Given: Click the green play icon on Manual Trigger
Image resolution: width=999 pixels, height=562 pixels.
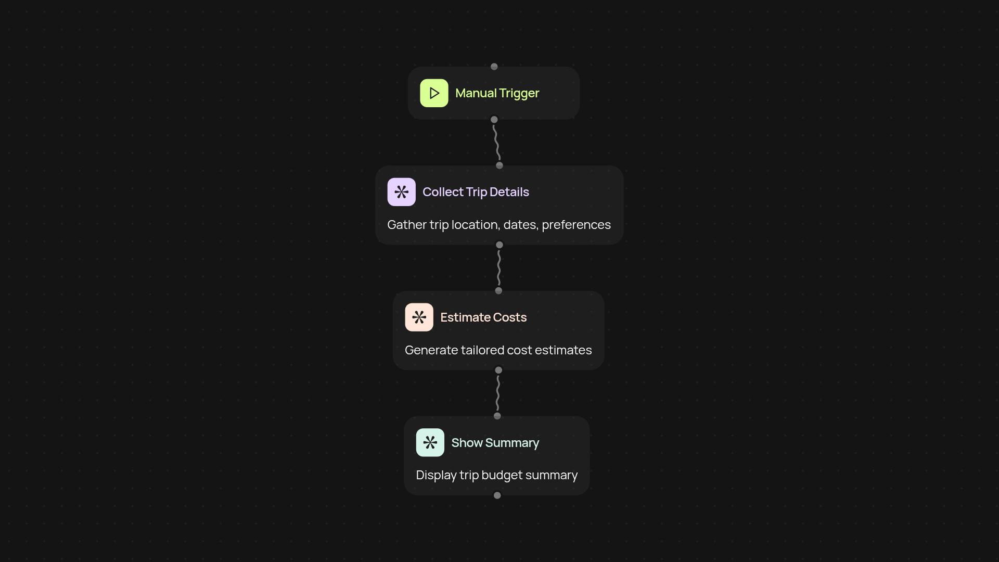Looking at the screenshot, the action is tap(434, 93).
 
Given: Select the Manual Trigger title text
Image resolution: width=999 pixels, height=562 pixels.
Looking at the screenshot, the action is tap(497, 93).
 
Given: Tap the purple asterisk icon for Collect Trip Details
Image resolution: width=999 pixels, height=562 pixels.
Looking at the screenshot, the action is tap(401, 192).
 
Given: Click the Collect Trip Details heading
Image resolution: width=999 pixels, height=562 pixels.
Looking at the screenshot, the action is tap(476, 192).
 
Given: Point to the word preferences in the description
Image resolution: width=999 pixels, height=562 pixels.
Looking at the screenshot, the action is tap(576, 225).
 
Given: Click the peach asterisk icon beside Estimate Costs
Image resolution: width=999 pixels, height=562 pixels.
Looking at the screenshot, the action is tap(419, 317).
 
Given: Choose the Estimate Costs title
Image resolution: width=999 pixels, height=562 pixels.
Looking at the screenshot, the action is tap(483, 317).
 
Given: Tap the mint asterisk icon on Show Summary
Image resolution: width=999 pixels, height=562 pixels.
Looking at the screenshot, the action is tap(430, 442).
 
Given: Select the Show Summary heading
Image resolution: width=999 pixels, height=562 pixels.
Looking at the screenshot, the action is tap(495, 443).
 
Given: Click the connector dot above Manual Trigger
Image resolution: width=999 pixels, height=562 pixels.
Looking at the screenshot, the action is tap(494, 67).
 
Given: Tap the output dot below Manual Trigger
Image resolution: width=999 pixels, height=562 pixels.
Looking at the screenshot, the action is tap(494, 120).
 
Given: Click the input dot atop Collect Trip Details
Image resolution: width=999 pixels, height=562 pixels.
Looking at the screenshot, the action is tap(499, 165).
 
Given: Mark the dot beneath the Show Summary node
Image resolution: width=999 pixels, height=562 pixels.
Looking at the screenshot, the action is tap(497, 495).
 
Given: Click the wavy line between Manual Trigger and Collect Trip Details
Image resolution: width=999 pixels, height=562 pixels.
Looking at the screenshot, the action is tap(497, 143).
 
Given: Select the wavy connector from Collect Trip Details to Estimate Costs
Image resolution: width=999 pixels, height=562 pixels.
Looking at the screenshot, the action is tap(499, 267).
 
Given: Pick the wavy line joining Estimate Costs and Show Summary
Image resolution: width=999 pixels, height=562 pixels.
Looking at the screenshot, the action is tap(498, 393).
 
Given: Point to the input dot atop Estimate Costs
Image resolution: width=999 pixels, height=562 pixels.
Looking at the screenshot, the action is tap(498, 291).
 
